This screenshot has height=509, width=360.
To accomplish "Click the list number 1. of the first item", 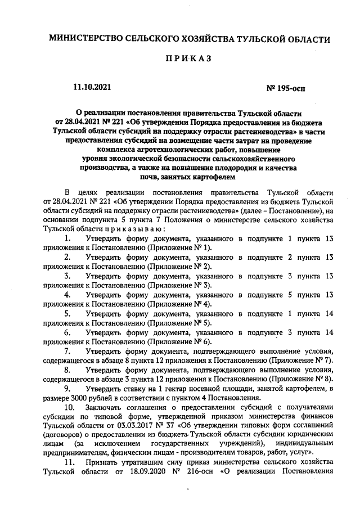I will (x=67, y=239).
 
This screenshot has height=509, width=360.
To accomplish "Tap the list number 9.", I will (x=67, y=389).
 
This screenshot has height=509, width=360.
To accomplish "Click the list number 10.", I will (x=69, y=407).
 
